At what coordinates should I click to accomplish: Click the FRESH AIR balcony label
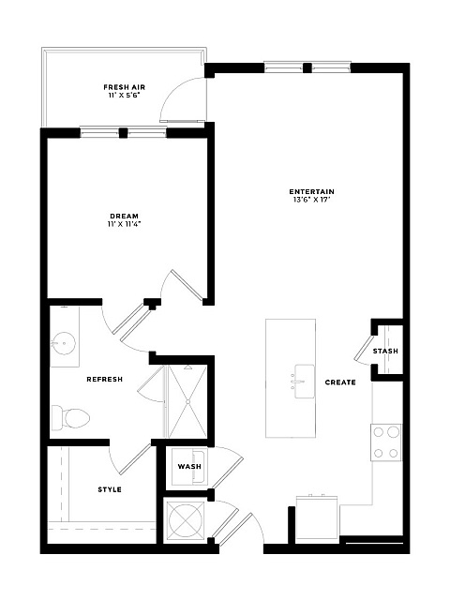point(125,87)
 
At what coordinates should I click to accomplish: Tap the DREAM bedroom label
point(124,217)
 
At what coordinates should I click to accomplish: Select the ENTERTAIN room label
point(312,191)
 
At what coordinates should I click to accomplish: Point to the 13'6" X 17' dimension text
point(310,200)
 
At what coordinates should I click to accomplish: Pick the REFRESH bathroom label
point(104,379)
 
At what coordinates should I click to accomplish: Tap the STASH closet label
point(385,351)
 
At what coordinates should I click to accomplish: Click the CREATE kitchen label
point(340,382)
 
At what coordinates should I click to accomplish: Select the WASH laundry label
point(189,467)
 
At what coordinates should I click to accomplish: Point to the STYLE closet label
point(110,489)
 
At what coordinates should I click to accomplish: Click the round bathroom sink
point(63,343)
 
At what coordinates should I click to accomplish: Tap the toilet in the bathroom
point(71,418)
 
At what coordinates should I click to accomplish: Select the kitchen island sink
point(304,382)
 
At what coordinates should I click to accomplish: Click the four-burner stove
point(386,442)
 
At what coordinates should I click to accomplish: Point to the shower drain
point(187,401)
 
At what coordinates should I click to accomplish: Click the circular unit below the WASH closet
point(185,519)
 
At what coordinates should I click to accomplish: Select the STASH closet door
point(364,348)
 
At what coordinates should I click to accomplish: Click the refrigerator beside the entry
point(317,518)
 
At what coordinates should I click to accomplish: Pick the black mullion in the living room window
point(307,68)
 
